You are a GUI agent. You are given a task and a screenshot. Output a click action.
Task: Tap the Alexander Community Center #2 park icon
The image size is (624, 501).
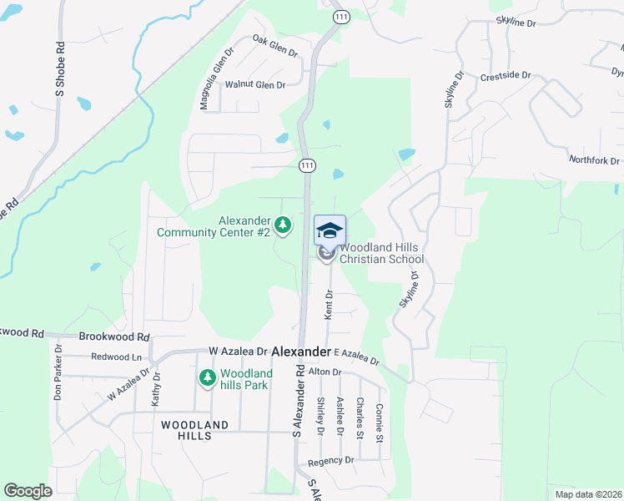(284, 225)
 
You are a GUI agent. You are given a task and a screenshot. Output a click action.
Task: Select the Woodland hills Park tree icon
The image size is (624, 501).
(207, 379)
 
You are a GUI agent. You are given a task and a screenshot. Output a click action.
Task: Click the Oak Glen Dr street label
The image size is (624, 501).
(274, 46)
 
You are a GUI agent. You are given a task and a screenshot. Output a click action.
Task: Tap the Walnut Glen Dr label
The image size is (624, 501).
(255, 85)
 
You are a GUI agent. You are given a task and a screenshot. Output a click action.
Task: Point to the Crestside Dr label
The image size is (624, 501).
(506, 76)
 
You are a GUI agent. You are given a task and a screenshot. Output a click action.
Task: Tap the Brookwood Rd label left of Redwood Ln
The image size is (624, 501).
(113, 337)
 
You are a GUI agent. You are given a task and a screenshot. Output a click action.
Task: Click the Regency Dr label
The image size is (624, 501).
(331, 461)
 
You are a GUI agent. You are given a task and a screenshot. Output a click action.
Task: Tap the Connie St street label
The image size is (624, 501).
(380, 422)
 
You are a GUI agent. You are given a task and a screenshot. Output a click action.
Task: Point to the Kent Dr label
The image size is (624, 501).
(329, 304)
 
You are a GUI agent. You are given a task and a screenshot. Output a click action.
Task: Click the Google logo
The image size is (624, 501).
(28, 491)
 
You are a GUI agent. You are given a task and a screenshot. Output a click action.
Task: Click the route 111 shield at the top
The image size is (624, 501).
(339, 16)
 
